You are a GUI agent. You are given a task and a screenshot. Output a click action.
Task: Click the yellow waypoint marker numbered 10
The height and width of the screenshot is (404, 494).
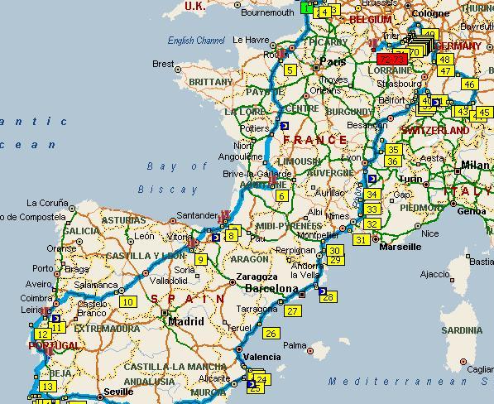point(127,302)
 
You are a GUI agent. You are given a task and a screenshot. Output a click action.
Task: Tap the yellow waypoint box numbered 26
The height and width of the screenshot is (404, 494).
point(271,334)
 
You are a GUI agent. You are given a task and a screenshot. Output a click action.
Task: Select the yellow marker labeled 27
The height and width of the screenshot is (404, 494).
point(293,311)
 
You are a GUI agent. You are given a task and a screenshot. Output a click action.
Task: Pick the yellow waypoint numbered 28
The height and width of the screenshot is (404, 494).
point(329,297)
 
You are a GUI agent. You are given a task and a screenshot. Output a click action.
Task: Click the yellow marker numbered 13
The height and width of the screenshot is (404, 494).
point(48,387)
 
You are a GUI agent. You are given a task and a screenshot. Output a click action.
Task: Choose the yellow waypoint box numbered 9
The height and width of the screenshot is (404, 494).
point(200,260)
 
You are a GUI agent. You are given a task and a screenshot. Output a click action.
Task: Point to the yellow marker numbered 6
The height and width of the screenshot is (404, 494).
point(282,196)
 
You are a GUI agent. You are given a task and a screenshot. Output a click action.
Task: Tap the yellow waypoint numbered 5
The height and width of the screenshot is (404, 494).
point(290,70)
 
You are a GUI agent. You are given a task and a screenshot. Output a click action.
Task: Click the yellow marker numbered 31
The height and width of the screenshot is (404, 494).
point(361,240)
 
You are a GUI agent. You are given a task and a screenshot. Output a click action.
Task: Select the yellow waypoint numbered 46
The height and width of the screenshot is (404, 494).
point(469,84)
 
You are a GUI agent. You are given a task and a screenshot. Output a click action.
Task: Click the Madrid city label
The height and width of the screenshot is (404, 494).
point(185,321)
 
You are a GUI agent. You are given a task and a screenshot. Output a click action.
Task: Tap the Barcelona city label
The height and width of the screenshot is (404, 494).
point(271,289)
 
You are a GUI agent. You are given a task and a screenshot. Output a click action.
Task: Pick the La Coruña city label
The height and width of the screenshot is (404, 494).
point(46,203)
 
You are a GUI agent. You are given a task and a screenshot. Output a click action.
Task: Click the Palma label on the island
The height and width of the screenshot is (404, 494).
point(295,345)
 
